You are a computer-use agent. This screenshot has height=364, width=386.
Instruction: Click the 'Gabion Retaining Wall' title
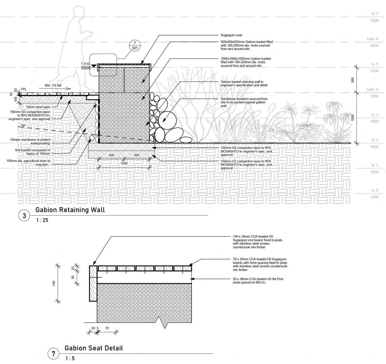(x=70, y=210)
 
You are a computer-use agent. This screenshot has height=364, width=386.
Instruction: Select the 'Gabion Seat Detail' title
(x=94, y=348)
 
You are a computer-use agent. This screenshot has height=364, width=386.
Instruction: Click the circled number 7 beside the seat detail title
(x=53, y=354)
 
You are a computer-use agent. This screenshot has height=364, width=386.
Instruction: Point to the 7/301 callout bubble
(x=135, y=46)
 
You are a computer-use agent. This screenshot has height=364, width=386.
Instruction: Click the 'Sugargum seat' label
(x=231, y=35)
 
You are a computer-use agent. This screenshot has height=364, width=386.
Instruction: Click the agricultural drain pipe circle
(x=91, y=138)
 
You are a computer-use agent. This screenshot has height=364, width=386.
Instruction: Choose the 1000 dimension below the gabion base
(x=124, y=163)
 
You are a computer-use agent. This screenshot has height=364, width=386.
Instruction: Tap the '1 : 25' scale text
(x=42, y=220)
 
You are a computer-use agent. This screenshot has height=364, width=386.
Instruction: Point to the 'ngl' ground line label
(x=23, y=125)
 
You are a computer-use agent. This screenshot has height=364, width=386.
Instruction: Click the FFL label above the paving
(x=24, y=90)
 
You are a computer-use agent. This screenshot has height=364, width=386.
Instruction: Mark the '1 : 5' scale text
(x=70, y=359)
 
